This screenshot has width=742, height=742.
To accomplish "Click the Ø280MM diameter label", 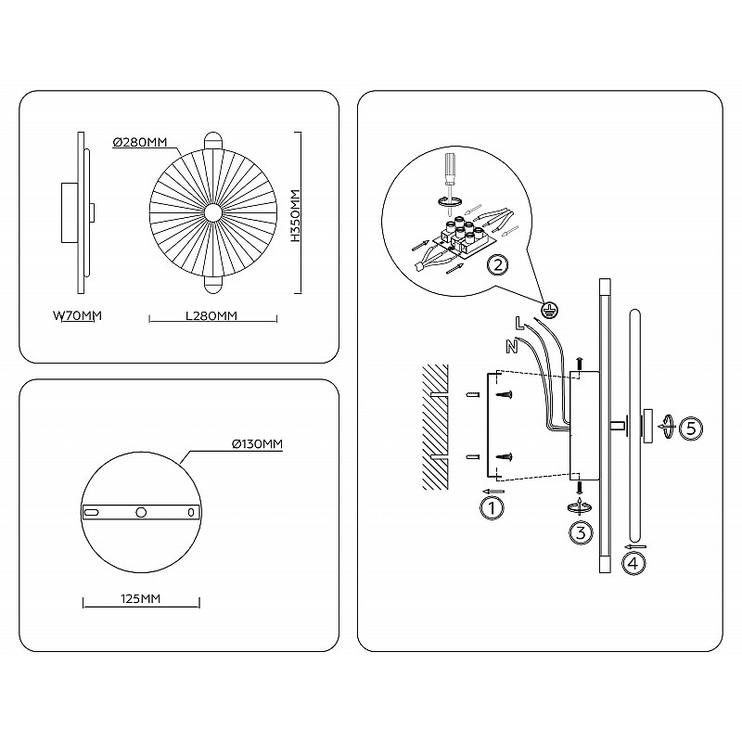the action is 140,142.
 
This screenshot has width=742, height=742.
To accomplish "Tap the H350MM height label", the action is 296,215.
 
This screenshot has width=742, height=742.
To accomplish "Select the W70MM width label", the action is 78,315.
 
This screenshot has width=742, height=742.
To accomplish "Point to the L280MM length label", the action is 211,315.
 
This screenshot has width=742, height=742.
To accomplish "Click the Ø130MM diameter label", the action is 258,444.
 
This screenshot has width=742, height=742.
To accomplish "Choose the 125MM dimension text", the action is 141,598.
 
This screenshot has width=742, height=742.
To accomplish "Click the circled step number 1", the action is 493,508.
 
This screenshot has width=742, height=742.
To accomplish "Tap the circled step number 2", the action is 498,265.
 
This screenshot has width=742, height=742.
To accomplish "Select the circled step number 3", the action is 581,532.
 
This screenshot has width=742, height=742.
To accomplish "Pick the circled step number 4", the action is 634,563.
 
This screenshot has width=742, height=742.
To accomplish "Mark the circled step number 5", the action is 691,429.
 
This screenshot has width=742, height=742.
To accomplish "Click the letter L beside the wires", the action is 519,324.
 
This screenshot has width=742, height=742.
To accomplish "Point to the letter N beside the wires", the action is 512,347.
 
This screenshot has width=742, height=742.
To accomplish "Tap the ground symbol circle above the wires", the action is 549,311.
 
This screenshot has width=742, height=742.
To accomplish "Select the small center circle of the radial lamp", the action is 213,213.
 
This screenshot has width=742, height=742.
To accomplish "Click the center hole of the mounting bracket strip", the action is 141,512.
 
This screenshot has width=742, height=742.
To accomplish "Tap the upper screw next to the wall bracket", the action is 504,394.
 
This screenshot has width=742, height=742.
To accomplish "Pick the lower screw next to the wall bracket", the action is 504,456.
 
